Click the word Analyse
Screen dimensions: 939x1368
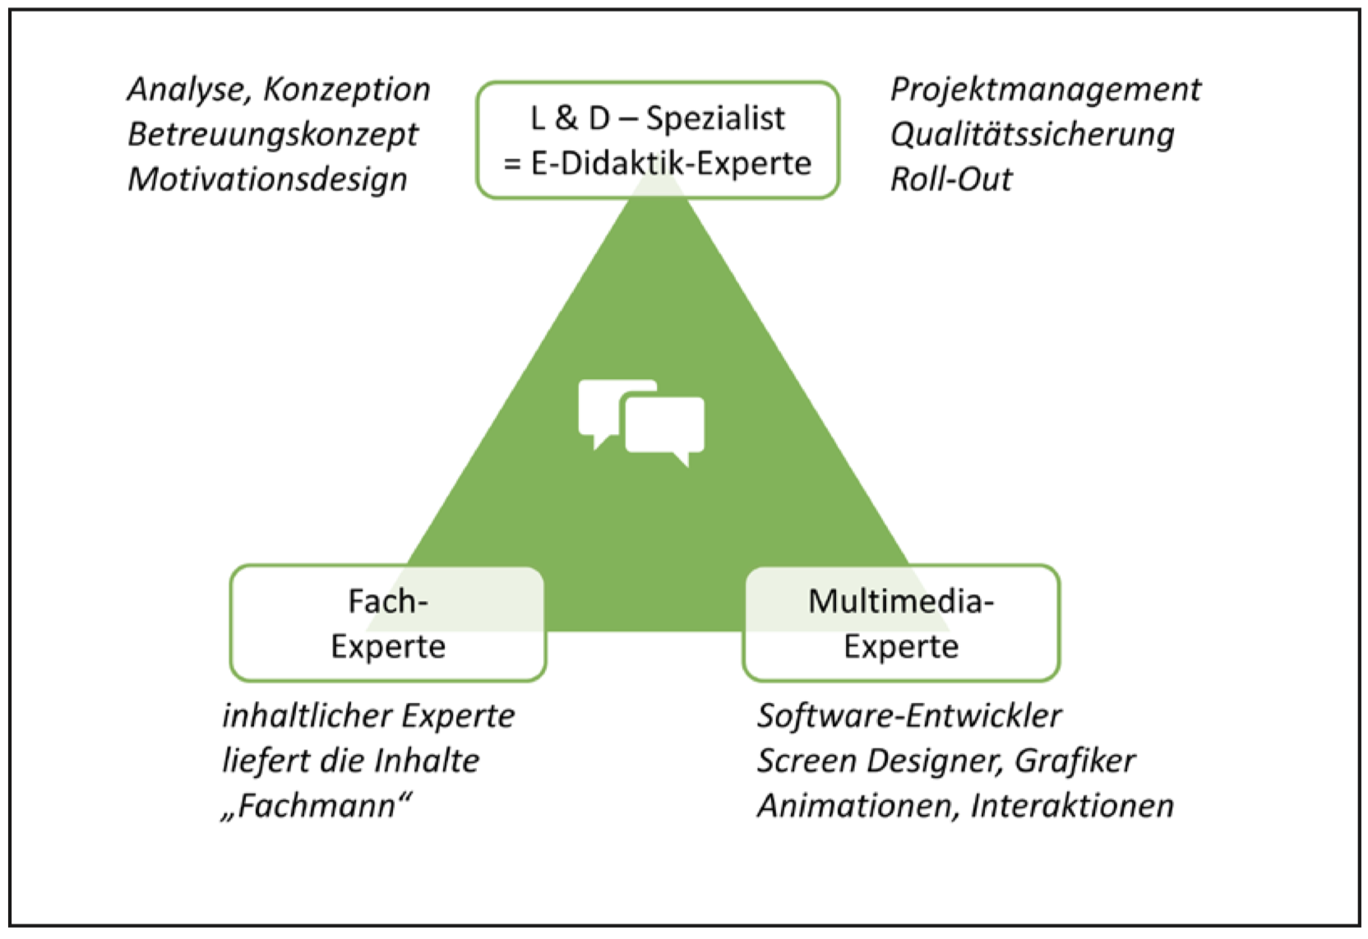187,90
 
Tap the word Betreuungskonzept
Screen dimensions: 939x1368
273,135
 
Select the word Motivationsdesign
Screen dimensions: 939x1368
267,179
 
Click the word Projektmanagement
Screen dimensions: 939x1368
1045,90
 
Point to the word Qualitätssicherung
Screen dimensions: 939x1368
1032,135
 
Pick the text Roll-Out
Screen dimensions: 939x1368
951,179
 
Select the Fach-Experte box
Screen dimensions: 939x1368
388,623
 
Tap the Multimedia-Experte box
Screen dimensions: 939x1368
901,623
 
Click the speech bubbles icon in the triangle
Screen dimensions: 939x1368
641,423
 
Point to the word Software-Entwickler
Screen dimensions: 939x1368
909,716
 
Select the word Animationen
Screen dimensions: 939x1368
857,806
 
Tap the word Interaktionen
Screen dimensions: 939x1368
1072,806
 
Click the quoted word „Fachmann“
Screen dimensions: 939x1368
317,806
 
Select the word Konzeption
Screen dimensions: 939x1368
346,90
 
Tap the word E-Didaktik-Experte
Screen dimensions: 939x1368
671,164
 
